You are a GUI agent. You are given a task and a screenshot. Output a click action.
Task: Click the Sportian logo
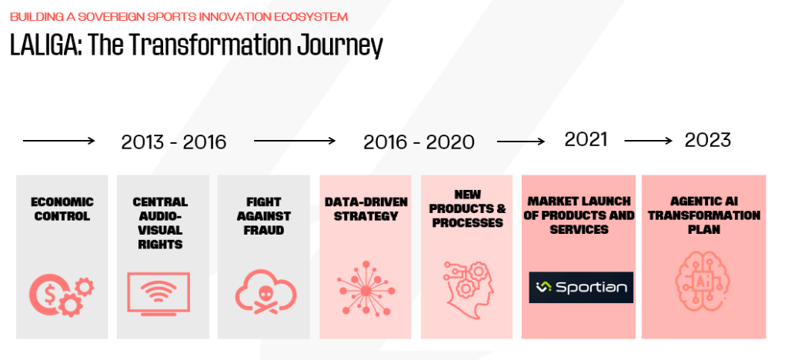pyautogui.click(x=581, y=287)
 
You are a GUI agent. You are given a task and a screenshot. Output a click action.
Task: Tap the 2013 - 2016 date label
pyautogui.click(x=174, y=142)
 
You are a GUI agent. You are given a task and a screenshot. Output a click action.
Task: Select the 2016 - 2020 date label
pyautogui.click(x=419, y=142)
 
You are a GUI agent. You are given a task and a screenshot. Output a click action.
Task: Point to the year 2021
pyautogui.click(x=586, y=139)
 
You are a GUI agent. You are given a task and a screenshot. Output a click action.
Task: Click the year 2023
pyautogui.click(x=708, y=140)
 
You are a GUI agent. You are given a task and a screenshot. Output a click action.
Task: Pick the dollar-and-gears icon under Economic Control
pyautogui.click(x=62, y=295)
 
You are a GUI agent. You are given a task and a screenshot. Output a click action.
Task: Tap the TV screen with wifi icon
pyautogui.click(x=159, y=293)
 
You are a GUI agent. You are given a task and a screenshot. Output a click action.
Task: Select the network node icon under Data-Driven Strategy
pyautogui.click(x=366, y=288)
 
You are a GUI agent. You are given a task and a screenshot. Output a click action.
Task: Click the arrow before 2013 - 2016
pyautogui.click(x=58, y=141)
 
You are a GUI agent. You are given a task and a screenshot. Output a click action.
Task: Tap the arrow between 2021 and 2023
pyautogui.click(x=648, y=141)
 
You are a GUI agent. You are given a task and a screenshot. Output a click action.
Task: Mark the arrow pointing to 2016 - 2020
pyautogui.click(x=295, y=141)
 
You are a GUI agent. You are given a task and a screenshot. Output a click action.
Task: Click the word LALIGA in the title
pyautogui.click(x=43, y=45)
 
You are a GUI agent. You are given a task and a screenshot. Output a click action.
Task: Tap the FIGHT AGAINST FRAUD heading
pyautogui.click(x=263, y=216)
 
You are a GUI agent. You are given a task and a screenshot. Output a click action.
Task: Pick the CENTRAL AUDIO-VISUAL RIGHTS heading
pyautogui.click(x=160, y=223)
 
